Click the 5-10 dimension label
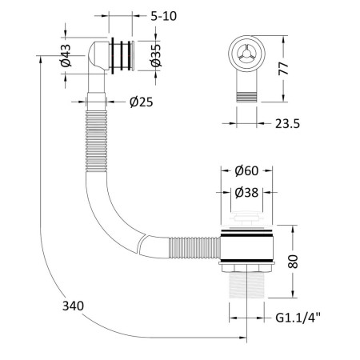164,16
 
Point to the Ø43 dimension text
66,55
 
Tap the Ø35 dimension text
156,55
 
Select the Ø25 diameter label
142,102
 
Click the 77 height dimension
283,69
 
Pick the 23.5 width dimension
287,124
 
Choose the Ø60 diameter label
246,171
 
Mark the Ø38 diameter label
246,193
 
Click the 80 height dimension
293,262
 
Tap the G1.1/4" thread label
298,318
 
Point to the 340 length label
73,306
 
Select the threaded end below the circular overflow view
246,97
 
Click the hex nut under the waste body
246,269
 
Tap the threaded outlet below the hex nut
246,285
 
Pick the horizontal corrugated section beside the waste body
195,248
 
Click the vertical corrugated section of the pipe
96,141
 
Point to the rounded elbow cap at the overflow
98,55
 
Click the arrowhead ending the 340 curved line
243,338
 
